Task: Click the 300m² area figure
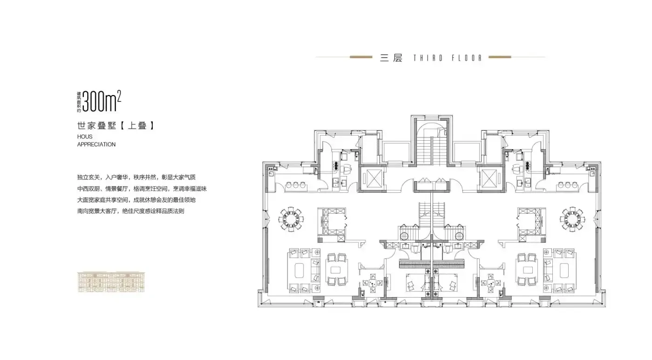pos(102,101)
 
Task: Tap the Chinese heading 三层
pos(391,58)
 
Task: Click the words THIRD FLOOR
pos(448,58)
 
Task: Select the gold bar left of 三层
pos(361,57)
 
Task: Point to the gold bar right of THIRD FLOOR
pos(500,57)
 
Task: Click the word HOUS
pos(85,136)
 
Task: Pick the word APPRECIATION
pos(96,144)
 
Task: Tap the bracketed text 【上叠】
pos(137,125)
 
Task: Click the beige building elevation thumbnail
pos(111,282)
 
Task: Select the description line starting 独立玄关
pos(136,177)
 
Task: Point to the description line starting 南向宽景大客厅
pos(131,211)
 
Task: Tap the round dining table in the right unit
pos(572,219)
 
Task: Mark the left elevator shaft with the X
pos(372,178)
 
